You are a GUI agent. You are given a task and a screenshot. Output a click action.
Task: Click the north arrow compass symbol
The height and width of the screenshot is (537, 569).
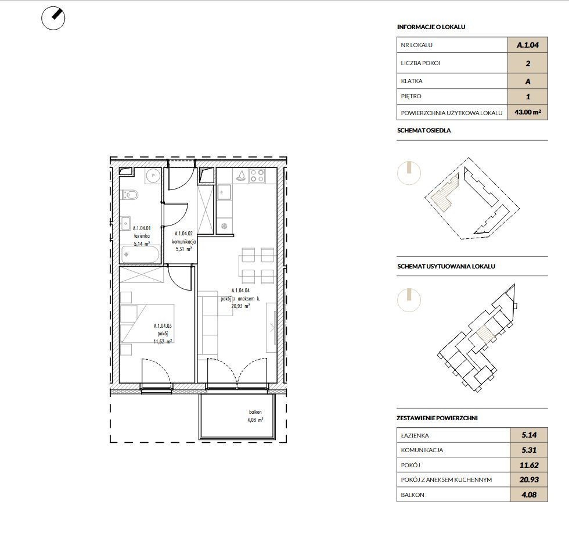point(53,18)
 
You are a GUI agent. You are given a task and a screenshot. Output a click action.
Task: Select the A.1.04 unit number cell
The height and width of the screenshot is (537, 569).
point(528,45)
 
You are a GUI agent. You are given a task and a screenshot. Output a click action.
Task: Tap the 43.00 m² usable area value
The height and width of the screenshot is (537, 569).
point(528,112)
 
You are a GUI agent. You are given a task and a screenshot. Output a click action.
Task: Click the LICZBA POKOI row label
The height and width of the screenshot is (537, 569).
point(420,63)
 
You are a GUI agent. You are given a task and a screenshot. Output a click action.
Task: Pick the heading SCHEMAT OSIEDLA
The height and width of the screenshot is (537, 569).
point(424,130)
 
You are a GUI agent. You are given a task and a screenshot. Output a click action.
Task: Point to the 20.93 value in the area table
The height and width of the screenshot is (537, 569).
point(529,479)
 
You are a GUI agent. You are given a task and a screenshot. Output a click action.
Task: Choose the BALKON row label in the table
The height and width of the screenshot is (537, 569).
point(412,495)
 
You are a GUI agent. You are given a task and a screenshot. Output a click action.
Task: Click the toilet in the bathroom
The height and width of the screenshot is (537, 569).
point(130,195)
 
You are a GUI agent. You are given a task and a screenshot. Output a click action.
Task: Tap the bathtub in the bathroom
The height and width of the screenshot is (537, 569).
point(140,255)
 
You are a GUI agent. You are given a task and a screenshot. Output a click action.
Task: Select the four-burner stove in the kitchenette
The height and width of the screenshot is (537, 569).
point(257,176)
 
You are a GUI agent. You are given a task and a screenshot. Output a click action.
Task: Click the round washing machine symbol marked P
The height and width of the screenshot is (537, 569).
point(153,176)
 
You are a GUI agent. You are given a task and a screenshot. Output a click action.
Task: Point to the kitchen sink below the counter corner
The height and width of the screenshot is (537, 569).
point(223,191)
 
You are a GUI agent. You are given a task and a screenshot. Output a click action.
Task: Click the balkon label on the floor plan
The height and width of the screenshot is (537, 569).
point(255,412)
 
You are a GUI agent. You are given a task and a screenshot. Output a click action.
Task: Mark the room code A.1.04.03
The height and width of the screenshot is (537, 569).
point(163,326)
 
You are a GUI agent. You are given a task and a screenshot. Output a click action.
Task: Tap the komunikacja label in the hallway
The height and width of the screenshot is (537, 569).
point(184,241)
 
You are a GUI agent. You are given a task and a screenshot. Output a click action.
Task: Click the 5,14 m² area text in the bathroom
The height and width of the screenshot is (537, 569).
point(142,244)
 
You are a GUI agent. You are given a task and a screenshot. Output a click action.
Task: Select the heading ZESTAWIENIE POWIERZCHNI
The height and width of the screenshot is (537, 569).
point(437,418)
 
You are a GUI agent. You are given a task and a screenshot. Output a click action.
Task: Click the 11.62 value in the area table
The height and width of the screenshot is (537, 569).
point(529,465)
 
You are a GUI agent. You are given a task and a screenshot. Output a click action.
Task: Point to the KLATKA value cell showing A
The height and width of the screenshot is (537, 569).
point(528,81)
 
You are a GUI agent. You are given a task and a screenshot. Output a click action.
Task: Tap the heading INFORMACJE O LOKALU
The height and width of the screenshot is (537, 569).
point(431,27)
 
